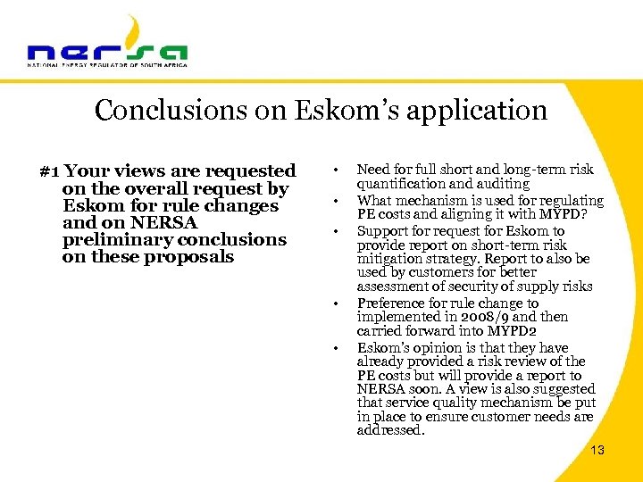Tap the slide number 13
pyautogui.click(x=597, y=450)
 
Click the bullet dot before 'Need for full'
pyautogui.click(x=333, y=170)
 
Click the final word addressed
pyautogui.click(x=390, y=430)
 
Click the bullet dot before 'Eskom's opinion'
pyautogui.click(x=333, y=348)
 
